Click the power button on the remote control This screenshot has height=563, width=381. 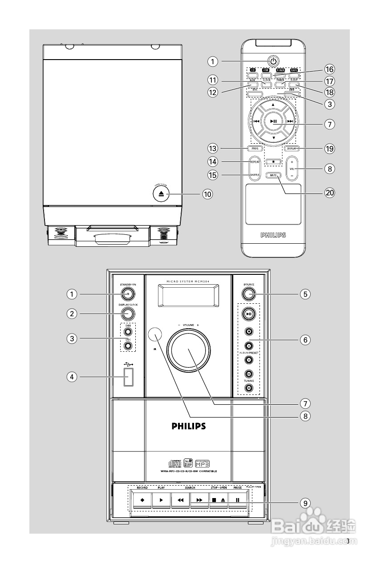(273, 60)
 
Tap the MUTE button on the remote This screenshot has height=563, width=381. (273, 175)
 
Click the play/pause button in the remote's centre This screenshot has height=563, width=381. (273, 121)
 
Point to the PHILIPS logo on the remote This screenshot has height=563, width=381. (273, 234)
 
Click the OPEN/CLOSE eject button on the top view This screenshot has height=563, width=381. (161, 193)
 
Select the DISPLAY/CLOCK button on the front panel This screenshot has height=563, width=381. (127, 313)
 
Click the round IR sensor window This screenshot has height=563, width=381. (154, 334)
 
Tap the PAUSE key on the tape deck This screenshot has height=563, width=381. (238, 500)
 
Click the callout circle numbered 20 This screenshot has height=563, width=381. (329, 193)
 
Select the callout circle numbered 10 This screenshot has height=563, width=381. (207, 194)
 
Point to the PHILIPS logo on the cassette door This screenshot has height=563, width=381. (189, 426)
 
